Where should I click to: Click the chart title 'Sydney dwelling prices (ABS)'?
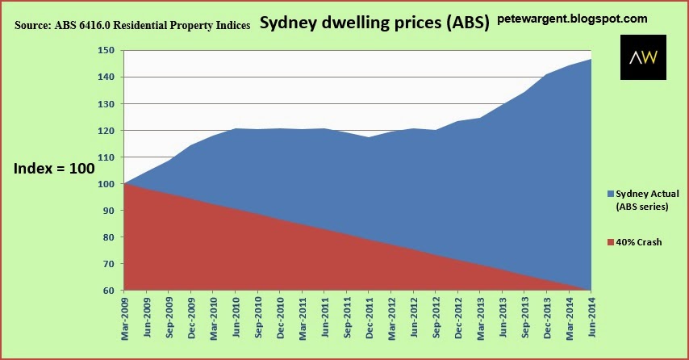point(375,23)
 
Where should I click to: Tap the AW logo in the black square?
point(643,57)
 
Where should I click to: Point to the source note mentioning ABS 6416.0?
point(132,25)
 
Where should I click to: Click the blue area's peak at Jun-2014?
point(590,60)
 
